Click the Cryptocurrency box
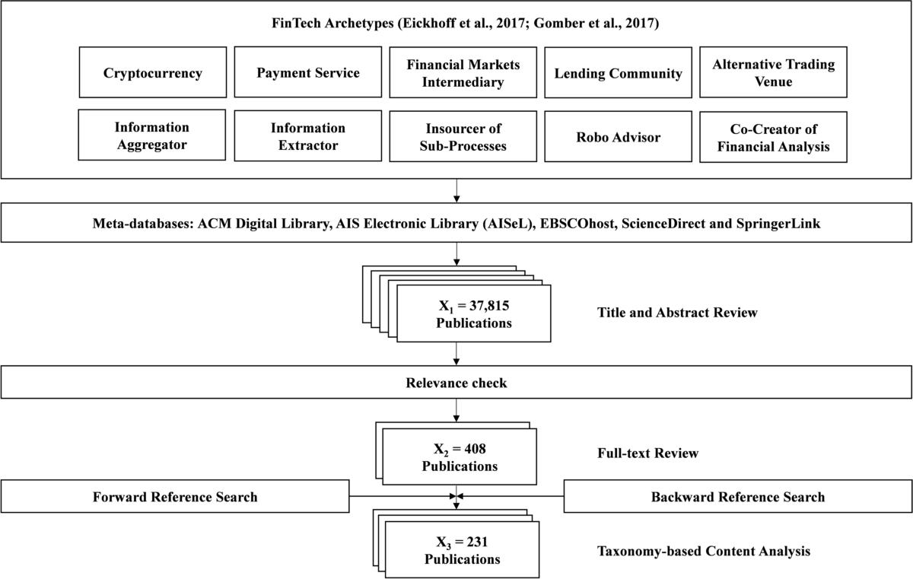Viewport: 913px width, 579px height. pyautogui.click(x=153, y=74)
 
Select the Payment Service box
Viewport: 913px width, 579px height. pyautogui.click(x=307, y=73)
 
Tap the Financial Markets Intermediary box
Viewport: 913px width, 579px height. pyautogui.click(x=463, y=74)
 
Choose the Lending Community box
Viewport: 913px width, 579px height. pyautogui.click(x=618, y=74)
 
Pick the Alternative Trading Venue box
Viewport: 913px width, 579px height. pyautogui.click(x=773, y=73)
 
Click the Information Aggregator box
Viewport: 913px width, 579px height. pyautogui.click(x=152, y=136)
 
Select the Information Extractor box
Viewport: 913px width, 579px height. pyautogui.click(x=307, y=136)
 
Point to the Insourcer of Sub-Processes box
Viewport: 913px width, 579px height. pyautogui.click(x=463, y=137)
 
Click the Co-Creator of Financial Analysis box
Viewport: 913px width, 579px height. pyautogui.click(x=773, y=137)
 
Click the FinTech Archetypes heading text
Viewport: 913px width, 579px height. pyautogui.click(x=456, y=24)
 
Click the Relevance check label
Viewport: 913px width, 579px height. pyautogui.click(x=456, y=383)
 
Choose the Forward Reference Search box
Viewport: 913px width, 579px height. pyautogui.click(x=175, y=497)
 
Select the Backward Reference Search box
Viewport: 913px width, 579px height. pyautogui.click(x=737, y=497)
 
